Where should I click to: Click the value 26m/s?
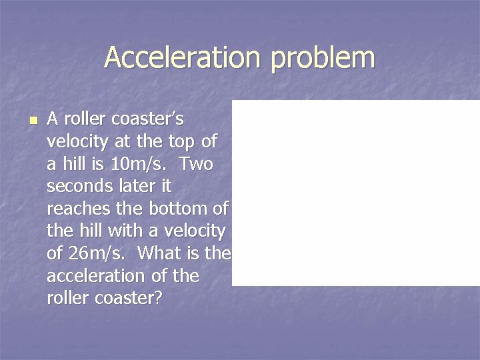pos(95,254)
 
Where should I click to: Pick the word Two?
pos(196,164)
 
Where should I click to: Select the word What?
pos(165,254)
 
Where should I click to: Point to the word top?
pos(174,141)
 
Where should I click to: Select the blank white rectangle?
pos(355,193)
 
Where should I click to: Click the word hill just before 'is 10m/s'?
pos(75,164)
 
